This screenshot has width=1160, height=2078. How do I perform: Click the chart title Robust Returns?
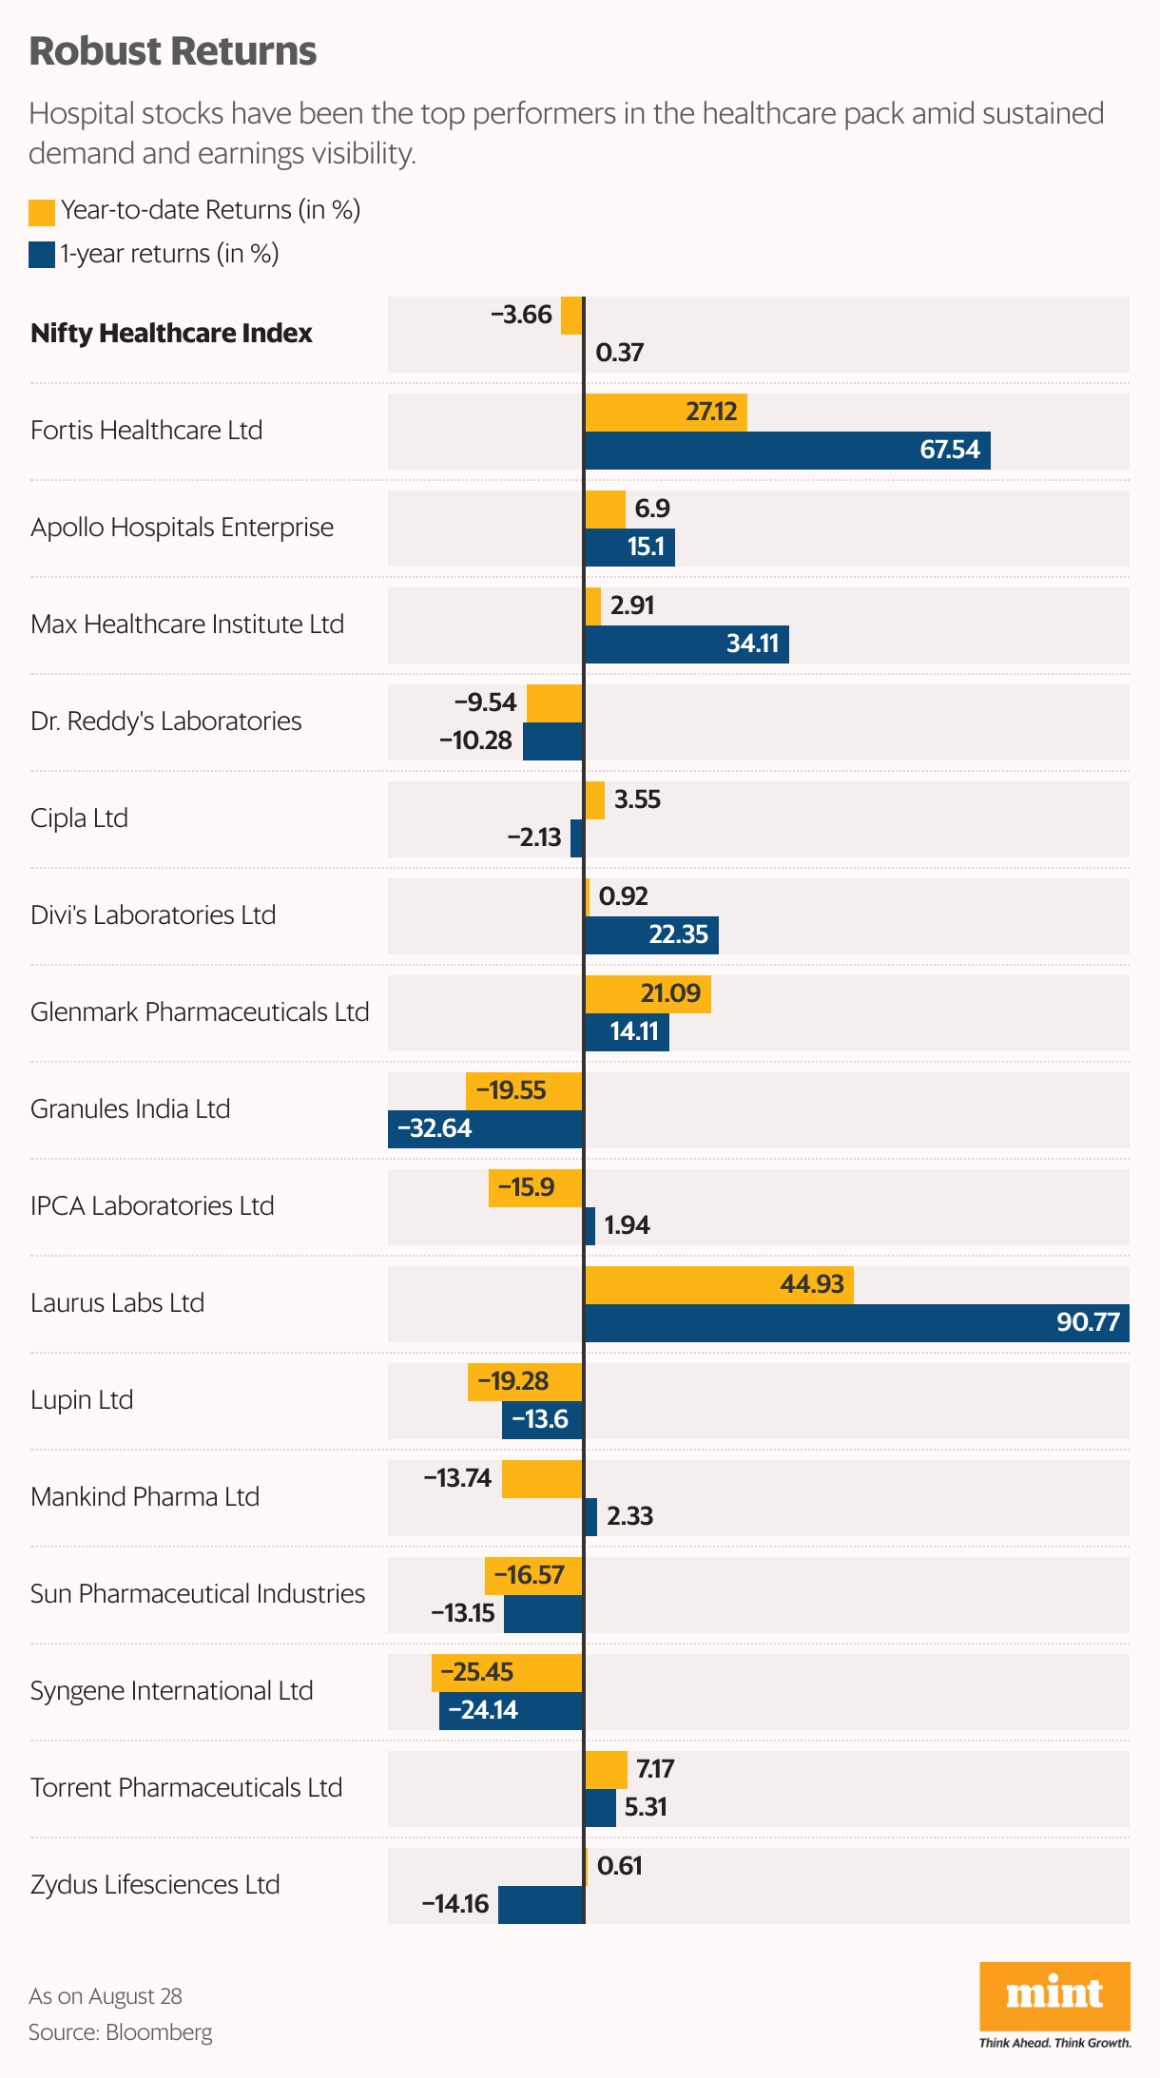172,51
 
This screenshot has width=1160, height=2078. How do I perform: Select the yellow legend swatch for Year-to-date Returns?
42,212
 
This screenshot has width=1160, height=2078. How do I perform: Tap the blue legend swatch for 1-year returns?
42,255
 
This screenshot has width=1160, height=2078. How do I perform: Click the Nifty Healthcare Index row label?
171,334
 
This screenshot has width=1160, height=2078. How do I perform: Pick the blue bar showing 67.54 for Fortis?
787,451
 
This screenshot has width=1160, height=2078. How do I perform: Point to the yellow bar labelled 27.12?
666,413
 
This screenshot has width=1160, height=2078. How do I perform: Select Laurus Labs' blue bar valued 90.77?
856,1323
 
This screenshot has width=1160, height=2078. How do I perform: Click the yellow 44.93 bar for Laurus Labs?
719,1285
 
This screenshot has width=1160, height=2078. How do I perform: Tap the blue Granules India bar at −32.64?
486,1129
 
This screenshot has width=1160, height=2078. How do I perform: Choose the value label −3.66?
521,315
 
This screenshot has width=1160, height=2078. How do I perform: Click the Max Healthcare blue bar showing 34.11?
686,645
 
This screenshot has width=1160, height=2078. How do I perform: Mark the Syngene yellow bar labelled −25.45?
507,1673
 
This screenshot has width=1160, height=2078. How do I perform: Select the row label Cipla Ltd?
79,818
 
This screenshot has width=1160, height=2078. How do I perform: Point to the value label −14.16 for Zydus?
455,1904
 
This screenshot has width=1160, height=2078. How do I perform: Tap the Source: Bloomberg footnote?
120,2032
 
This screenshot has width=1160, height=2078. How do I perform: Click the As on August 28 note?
106,1996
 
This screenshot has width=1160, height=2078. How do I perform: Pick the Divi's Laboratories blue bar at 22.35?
651,935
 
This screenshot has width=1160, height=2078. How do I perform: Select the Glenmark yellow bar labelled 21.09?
648,994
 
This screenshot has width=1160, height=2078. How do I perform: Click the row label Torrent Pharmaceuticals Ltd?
186,1788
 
